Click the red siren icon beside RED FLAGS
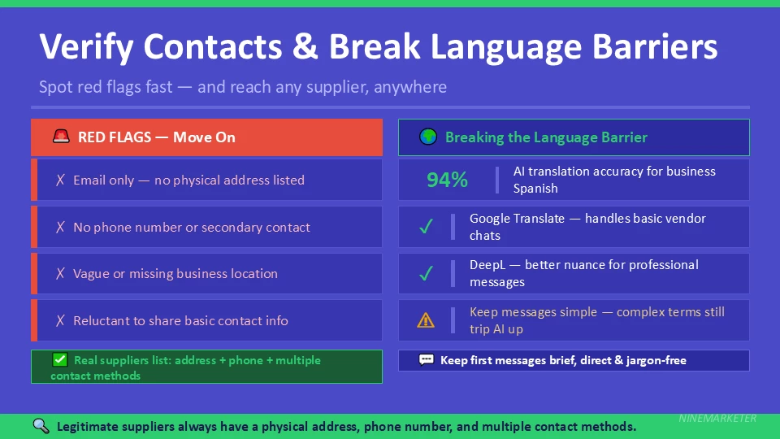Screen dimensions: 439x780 61,137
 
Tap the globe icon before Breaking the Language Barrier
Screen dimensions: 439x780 428,137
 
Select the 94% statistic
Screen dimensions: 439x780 447,180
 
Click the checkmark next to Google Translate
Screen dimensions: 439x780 426,228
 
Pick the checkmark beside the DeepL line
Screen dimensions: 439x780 426,274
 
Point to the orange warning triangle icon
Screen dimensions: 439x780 426,320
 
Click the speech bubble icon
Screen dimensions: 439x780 426,360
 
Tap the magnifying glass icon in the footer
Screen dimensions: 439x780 41,426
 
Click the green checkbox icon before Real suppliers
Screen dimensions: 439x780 59,360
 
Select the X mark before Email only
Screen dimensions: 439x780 60,180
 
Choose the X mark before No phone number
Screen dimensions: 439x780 60,228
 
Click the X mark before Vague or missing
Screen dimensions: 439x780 60,274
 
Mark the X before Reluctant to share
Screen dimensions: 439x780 60,321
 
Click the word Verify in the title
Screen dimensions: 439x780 87,47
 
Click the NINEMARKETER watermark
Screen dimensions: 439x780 717,419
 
